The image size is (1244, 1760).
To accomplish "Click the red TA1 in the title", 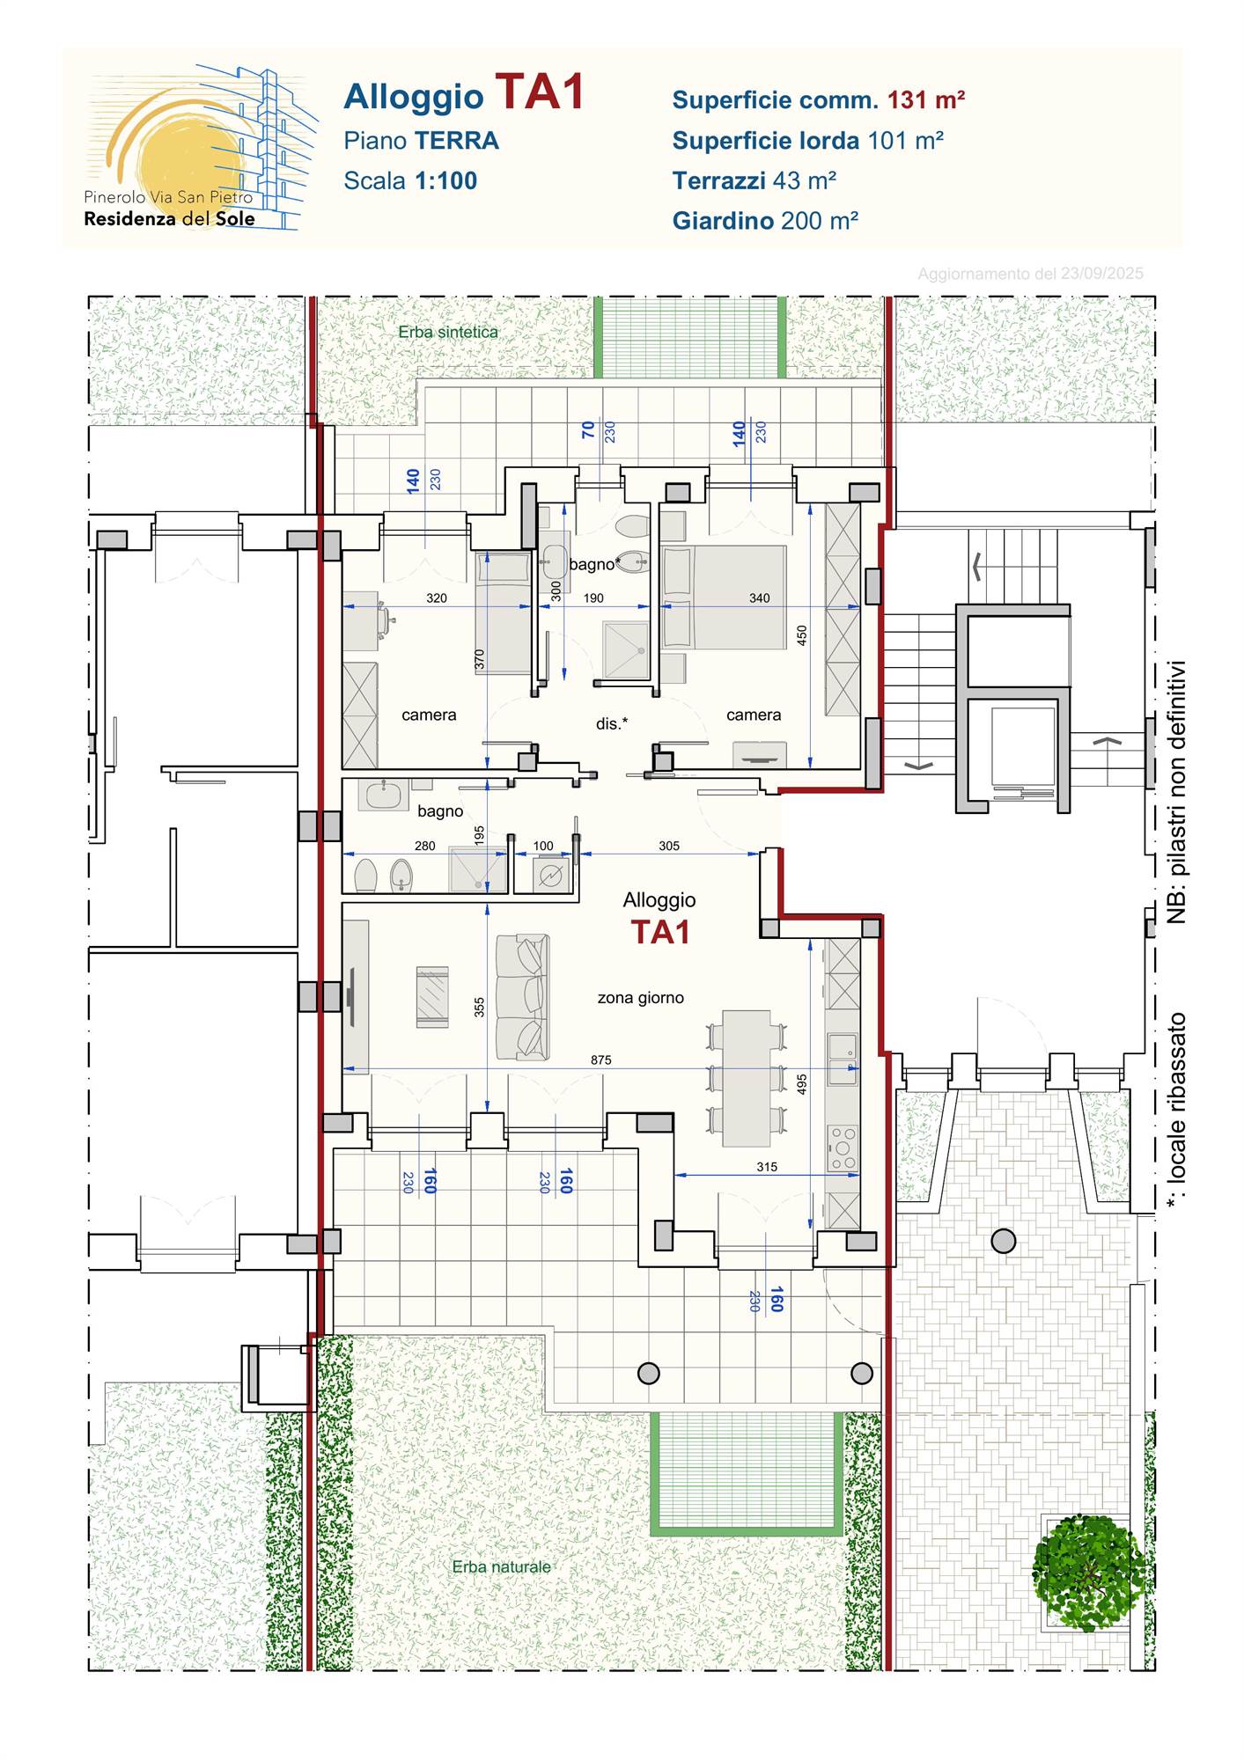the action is point(540,92).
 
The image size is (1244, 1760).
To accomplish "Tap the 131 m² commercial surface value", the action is point(926,100).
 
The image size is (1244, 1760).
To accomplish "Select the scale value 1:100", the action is point(445,181).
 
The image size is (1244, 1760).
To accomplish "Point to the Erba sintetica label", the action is point(448,333).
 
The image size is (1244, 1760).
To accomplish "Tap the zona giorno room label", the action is point(641,998).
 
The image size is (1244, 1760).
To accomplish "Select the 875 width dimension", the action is point(601,1060).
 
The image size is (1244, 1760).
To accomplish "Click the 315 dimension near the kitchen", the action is point(767,1167).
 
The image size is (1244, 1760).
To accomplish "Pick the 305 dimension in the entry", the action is point(669,846).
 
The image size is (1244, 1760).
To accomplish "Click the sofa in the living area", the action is point(523,997).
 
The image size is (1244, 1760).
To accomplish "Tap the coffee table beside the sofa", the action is point(432,997).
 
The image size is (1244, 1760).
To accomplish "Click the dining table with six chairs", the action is point(746,1078).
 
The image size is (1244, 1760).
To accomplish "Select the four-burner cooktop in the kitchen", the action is point(843,1148).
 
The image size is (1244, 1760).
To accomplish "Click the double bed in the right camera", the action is point(724,598).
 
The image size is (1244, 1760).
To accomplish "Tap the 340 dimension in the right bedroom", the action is point(759,598).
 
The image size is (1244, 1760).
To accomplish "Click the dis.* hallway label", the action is point(612,723).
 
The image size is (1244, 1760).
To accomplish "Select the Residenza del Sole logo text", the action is point(169,219).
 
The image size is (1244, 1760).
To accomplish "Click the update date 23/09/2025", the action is point(1101,274).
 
